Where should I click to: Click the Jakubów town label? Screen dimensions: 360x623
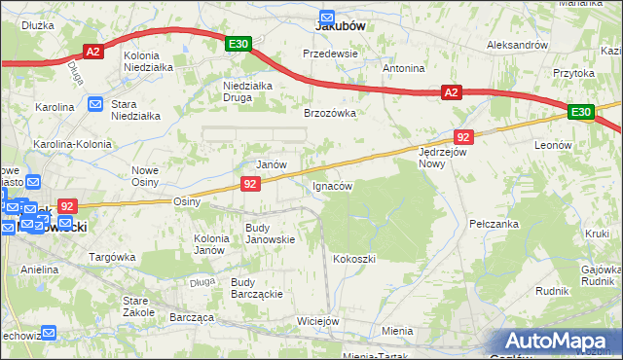click(340, 26)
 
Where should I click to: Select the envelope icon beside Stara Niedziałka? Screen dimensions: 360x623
click(95, 104)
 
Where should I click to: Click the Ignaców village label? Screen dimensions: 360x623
click(331, 185)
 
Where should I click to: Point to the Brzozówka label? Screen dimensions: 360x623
click(330, 113)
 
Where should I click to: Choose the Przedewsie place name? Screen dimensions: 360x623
click(331, 54)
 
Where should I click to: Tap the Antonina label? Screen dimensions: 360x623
click(403, 69)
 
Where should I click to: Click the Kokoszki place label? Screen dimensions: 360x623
click(354, 259)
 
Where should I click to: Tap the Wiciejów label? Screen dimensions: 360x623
click(317, 321)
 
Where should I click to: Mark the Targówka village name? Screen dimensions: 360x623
click(112, 258)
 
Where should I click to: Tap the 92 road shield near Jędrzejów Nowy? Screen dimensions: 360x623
click(463, 137)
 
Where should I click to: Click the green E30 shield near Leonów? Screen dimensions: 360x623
click(581, 113)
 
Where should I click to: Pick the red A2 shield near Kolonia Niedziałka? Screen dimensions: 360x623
click(93, 53)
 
